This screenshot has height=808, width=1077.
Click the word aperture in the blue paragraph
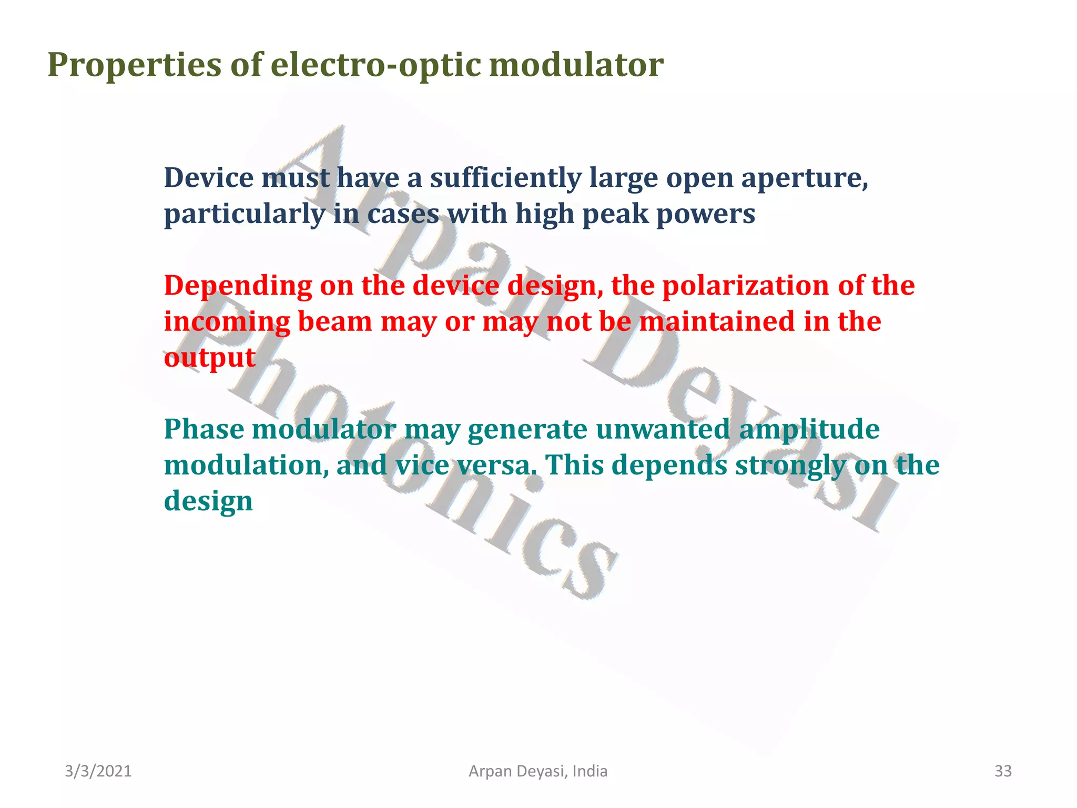point(804,179)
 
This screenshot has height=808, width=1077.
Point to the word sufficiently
point(505,179)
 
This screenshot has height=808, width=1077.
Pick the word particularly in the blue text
point(245,215)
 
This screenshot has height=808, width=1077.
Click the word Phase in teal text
point(204,429)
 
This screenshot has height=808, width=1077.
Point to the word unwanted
point(663,429)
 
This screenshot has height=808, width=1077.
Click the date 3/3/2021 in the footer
point(98,771)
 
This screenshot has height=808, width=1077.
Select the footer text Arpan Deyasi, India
point(538,771)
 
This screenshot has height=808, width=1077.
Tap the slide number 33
point(1003,771)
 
